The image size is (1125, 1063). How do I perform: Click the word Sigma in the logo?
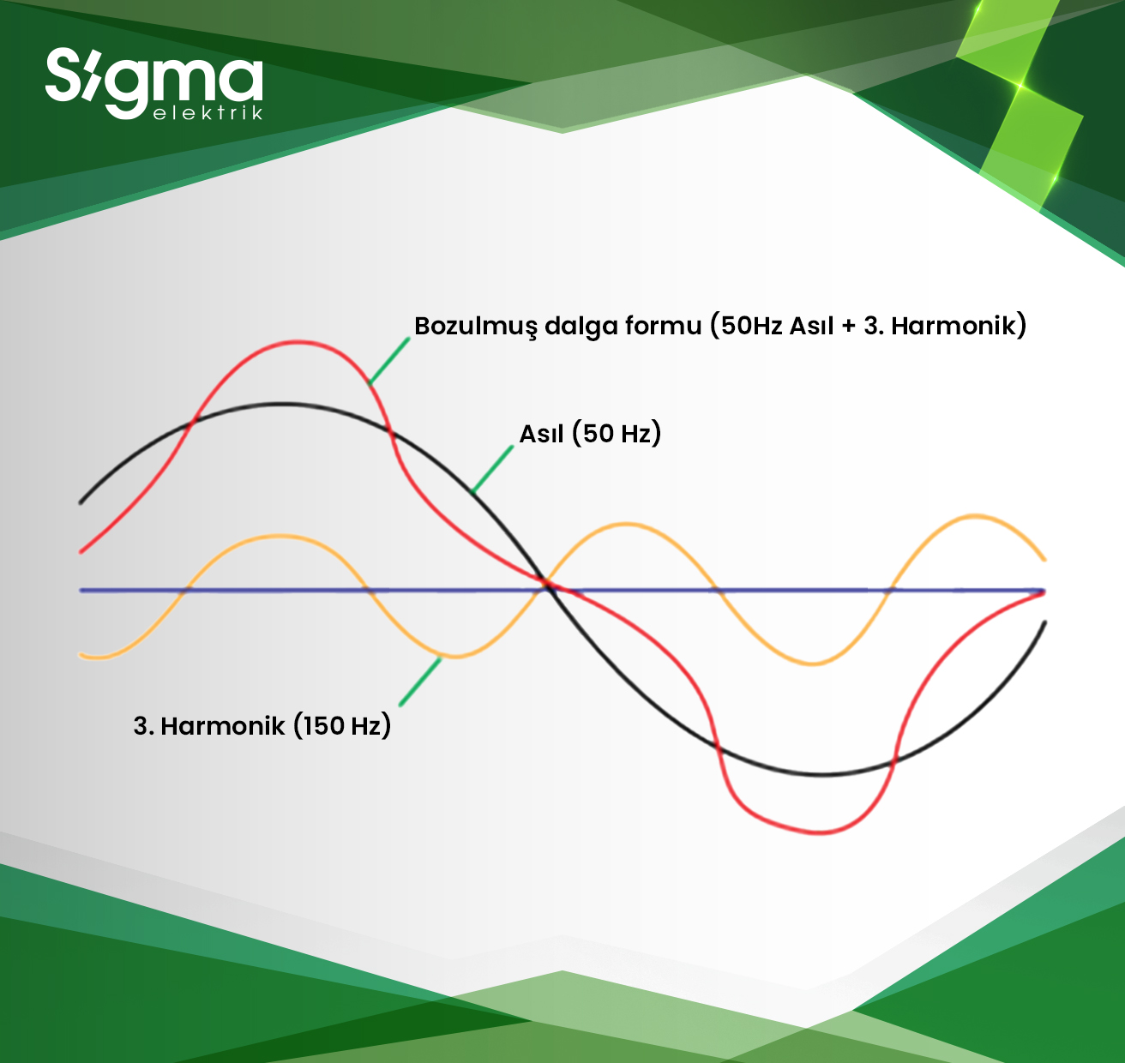pyautogui.click(x=154, y=80)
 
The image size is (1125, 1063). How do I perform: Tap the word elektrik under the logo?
pyautogui.click(x=208, y=111)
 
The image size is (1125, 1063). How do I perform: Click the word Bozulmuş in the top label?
pyautogui.click(x=476, y=327)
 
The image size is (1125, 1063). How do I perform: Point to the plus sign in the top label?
pyautogui.click(x=848, y=327)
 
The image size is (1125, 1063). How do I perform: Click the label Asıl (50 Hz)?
pyautogui.click(x=590, y=433)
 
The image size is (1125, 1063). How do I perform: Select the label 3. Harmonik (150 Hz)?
pyautogui.click(x=262, y=725)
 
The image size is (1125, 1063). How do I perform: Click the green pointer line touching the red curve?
pyautogui.click(x=389, y=360)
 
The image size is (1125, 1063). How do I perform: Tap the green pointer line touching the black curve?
pyautogui.click(x=492, y=469)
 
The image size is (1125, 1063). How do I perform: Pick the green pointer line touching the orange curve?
pyautogui.click(x=420, y=682)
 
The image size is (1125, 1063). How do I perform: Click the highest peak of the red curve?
pyautogui.click(x=298, y=342)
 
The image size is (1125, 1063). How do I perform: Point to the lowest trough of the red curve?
pyautogui.click(x=820, y=832)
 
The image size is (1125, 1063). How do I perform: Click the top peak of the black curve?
pyautogui.click(x=280, y=404)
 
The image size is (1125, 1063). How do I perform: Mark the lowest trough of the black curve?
pyautogui.click(x=821, y=774)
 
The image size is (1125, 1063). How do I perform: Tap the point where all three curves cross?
pyautogui.click(x=547, y=586)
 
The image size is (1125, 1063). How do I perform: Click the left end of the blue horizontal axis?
pyautogui.click(x=81, y=591)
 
